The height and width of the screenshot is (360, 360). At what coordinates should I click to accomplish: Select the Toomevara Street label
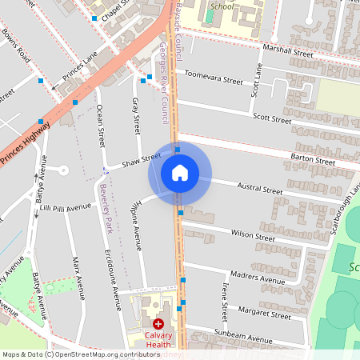(214, 80)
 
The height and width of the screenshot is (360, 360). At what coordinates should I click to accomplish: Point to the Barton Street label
(312, 160)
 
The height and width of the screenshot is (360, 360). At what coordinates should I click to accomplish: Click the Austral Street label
(262, 192)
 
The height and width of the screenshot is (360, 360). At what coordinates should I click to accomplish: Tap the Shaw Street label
(142, 163)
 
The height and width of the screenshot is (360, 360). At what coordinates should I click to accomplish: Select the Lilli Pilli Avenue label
(66, 208)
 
